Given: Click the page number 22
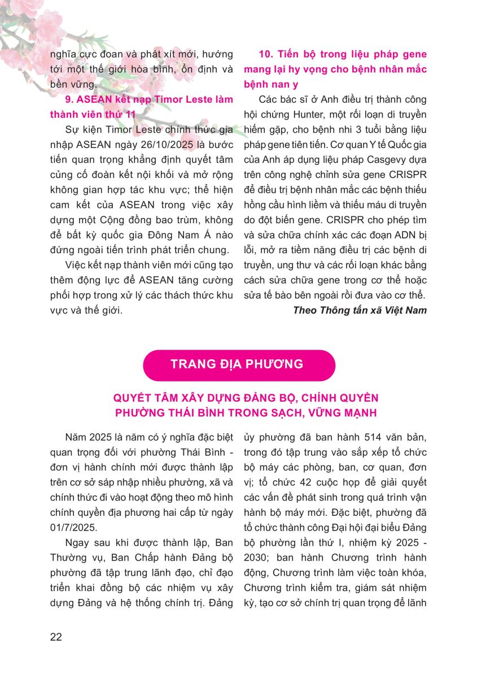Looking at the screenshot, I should tap(56, 637).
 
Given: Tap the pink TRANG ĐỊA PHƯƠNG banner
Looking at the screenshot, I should tap(238, 364).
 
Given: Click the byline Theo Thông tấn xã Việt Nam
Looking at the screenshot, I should tap(360, 310).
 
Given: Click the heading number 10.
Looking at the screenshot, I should tap(265, 54).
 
